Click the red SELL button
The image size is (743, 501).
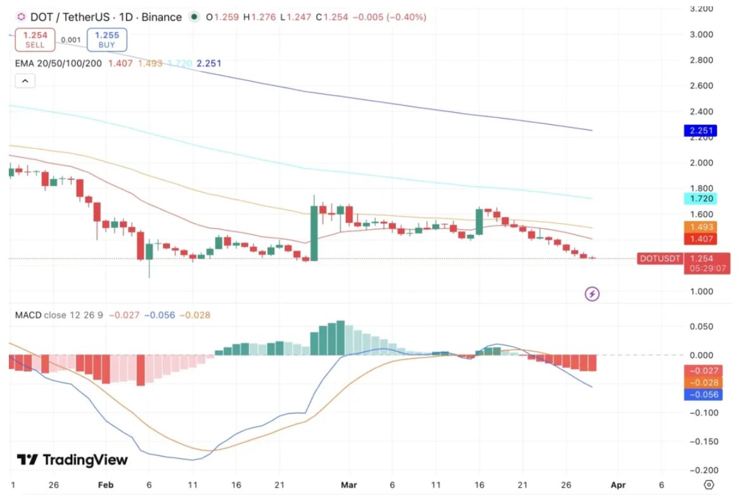click(x=35, y=39)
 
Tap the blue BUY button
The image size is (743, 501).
click(x=107, y=39)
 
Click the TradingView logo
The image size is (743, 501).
click(x=72, y=460)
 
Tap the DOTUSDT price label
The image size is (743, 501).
click(x=659, y=258)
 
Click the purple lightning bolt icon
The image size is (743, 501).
click(x=592, y=294)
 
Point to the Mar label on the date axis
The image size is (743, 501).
click(x=349, y=485)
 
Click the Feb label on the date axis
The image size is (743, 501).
click(x=106, y=485)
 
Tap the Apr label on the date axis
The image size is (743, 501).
click(x=618, y=485)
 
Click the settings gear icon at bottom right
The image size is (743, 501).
click(x=709, y=485)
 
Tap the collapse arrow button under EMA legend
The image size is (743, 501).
click(x=25, y=81)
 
